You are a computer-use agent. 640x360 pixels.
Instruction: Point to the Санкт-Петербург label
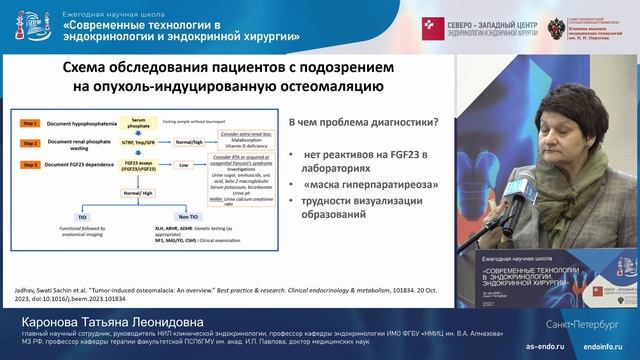click(589, 324)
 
